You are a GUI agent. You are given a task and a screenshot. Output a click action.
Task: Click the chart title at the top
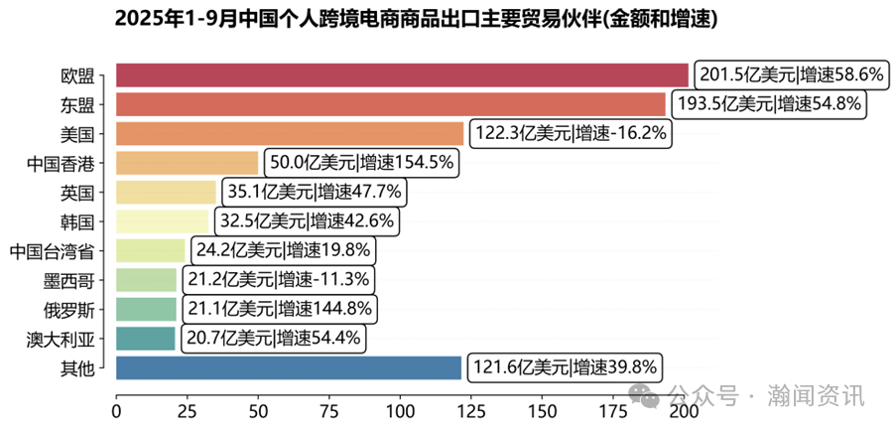pos(416,19)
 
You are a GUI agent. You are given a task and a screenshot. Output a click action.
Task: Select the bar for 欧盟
pos(402,75)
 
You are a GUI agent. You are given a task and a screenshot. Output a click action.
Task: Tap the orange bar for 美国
pos(290,134)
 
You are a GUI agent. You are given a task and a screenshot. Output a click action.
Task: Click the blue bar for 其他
pos(289,368)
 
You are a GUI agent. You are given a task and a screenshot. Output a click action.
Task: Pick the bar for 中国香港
pos(187,163)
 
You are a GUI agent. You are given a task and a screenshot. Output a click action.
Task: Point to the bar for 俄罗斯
pos(147,310)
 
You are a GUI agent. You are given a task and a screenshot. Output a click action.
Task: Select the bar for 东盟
pos(391,104)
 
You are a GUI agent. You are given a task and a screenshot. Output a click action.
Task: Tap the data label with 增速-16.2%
pos(572,134)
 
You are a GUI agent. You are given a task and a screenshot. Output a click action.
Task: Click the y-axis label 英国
pos(77,193)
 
